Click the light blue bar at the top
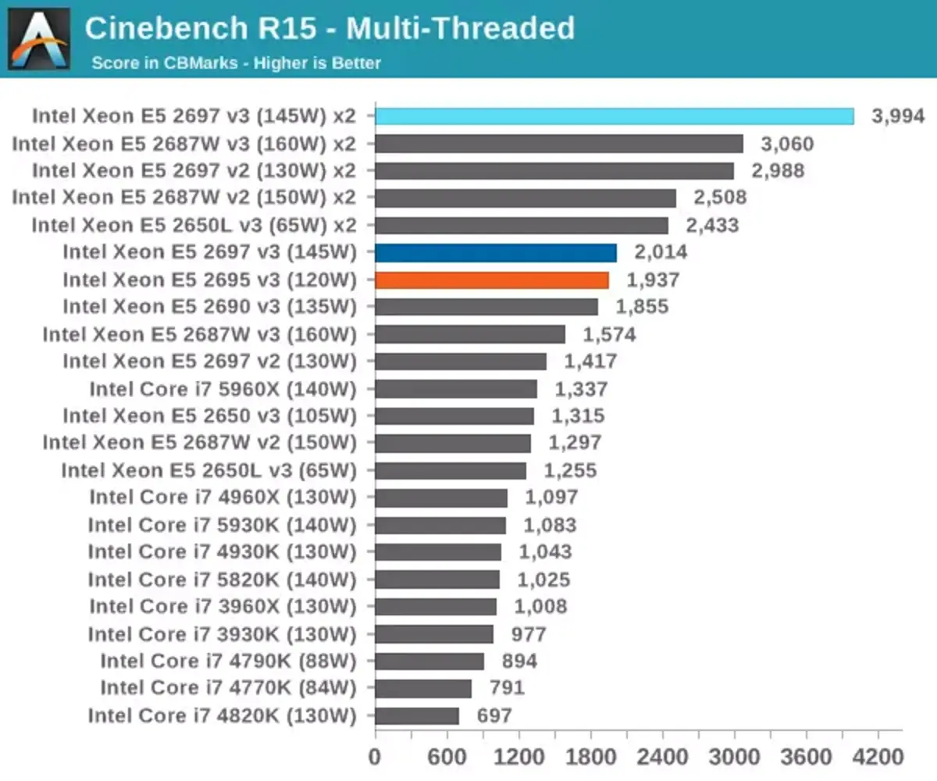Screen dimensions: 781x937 [x=614, y=116]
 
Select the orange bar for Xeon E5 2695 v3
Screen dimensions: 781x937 [x=492, y=280]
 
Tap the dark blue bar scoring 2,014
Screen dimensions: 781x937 [x=496, y=252]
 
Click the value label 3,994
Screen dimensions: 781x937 [x=898, y=116]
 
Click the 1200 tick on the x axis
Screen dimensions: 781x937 [x=518, y=757]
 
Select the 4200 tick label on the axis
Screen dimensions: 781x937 [x=877, y=757]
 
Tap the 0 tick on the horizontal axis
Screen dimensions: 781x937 [x=375, y=757]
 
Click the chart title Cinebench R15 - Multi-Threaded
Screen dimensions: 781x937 [x=330, y=29]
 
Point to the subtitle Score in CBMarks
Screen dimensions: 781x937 [x=236, y=62]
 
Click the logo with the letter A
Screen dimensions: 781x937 [x=38, y=39]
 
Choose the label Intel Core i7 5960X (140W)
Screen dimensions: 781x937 [x=223, y=389]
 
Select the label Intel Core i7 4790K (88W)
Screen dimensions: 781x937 [x=228, y=661]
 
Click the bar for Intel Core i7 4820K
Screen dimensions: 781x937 [x=417, y=715]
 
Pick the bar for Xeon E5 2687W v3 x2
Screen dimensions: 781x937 [x=559, y=144]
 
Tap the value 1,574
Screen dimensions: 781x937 [x=610, y=334]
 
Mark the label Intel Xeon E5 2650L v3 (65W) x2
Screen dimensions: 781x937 [x=194, y=225]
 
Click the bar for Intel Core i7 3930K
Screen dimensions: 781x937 [x=434, y=633]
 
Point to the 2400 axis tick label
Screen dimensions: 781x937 [x=662, y=757]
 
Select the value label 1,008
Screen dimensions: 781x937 [x=540, y=606]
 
